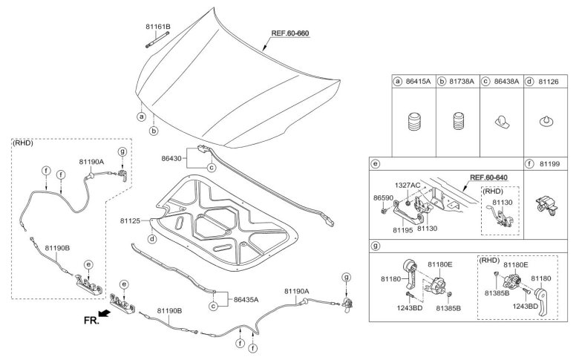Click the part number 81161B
tap(158, 27)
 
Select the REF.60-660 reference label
tap(289, 33)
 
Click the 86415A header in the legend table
tap(418, 82)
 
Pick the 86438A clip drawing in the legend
tap(501, 124)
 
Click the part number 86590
tap(383, 198)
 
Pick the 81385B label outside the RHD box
tap(448, 307)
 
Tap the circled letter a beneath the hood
tap(140, 117)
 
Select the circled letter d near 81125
tap(151, 239)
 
